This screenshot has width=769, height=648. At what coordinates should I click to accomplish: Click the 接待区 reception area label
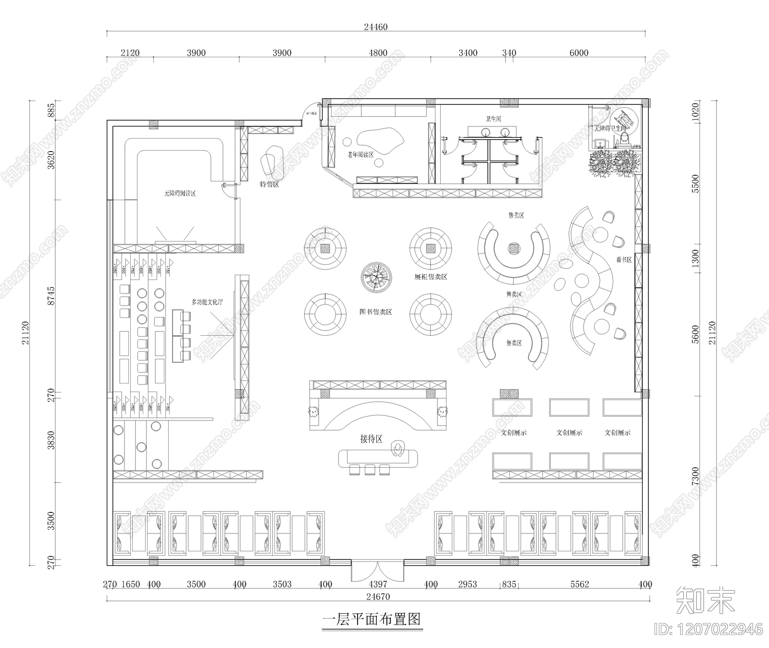pos(371,439)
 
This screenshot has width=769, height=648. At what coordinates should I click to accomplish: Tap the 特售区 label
pos(269,184)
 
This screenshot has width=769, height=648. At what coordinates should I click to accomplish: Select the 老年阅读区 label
pos(361,154)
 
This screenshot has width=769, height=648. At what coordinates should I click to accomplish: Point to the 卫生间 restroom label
pos(493,119)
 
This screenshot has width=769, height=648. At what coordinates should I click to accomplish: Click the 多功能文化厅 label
pos(207,302)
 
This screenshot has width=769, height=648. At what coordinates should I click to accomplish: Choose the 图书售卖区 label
pos(376,312)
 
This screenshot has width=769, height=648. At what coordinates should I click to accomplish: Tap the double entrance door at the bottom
pos(377,571)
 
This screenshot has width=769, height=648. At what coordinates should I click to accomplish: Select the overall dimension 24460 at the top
pos(375,27)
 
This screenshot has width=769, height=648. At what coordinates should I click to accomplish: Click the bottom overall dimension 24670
pos(378,597)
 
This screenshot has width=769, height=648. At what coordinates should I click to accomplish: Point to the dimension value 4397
pos(377,584)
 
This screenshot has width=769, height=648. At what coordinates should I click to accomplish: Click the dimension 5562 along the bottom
pos(579,584)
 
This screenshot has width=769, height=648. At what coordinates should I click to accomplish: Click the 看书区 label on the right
pos(623,260)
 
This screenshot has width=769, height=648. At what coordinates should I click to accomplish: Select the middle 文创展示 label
pos(569,432)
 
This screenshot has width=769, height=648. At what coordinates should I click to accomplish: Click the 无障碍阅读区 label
pos(180,193)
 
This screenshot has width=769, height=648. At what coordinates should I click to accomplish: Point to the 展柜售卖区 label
pos(431,277)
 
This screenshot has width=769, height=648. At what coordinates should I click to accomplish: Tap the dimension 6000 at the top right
pos(579,53)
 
